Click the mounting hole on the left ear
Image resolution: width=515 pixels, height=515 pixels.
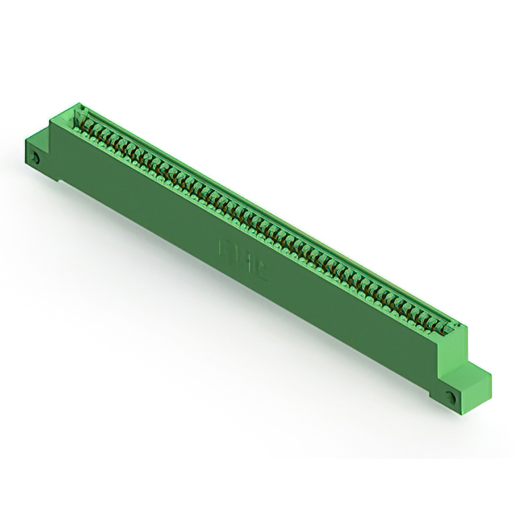[37, 158]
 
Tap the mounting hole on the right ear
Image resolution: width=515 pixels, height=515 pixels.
[451, 398]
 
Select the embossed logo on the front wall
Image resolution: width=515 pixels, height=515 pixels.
[233, 251]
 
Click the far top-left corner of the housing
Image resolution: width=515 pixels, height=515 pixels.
[80, 105]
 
